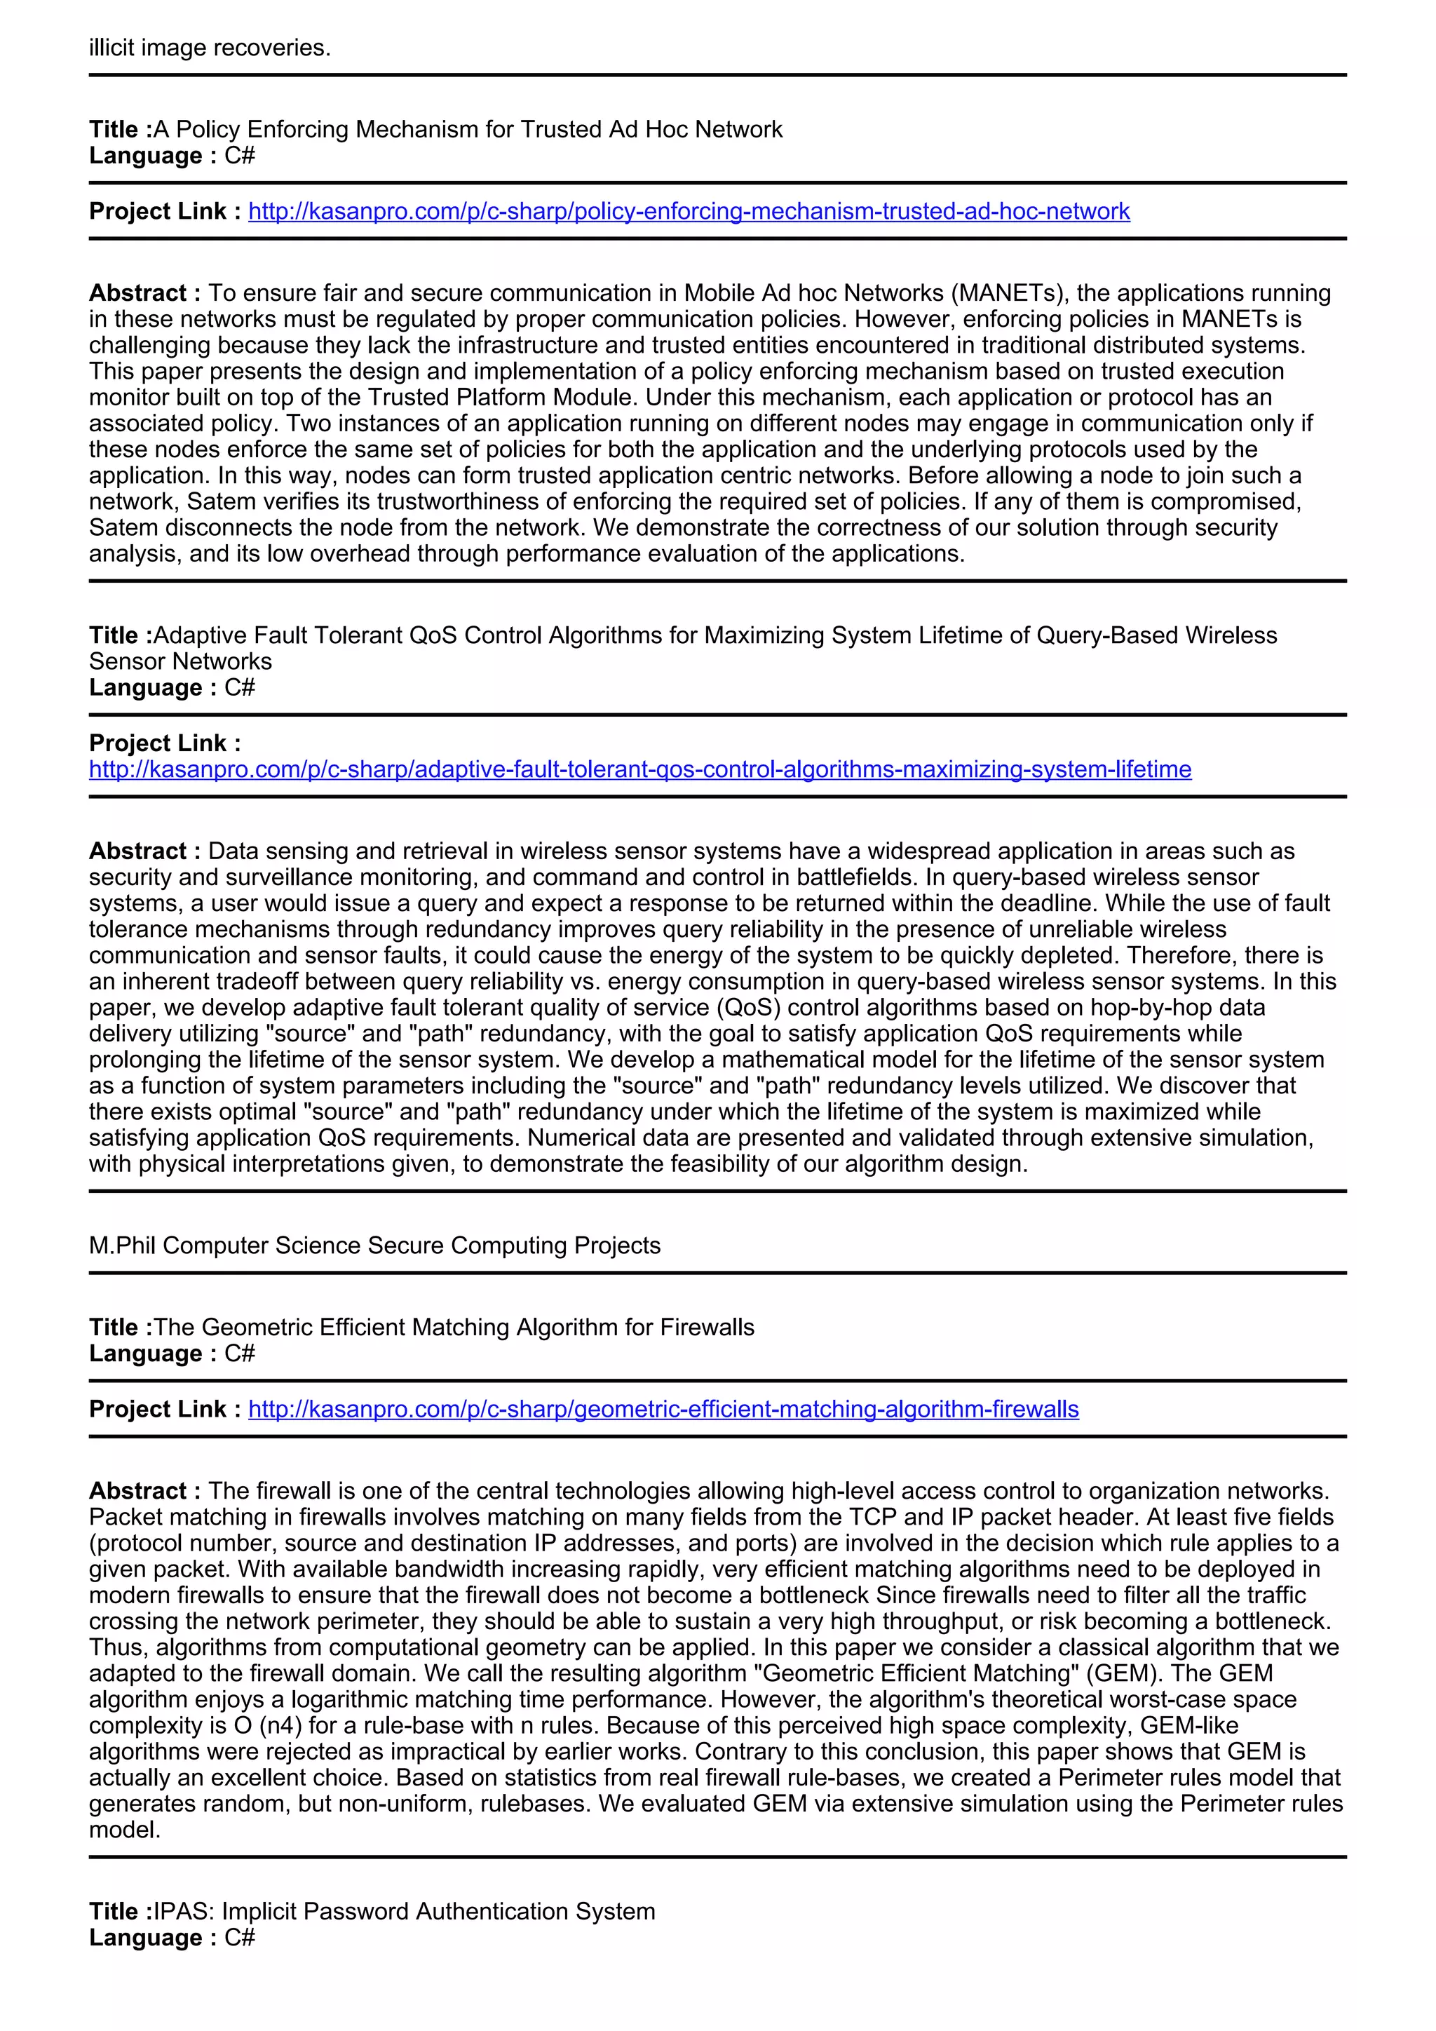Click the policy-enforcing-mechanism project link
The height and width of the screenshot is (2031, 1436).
[689, 211]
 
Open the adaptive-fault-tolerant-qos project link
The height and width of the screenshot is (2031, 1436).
[639, 769]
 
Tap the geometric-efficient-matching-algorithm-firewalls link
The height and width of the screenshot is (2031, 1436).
[663, 1409]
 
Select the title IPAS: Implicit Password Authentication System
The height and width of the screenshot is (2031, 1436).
[404, 1912]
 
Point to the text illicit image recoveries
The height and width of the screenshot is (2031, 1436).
[210, 48]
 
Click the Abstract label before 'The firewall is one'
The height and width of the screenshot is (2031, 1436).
[144, 1492]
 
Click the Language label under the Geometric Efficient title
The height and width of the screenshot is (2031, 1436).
[152, 1354]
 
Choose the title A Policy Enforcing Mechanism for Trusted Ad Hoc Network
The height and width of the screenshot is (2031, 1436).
[468, 130]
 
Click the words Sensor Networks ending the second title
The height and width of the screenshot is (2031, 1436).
[180, 661]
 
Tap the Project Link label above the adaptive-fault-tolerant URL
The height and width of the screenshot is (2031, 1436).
[165, 743]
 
